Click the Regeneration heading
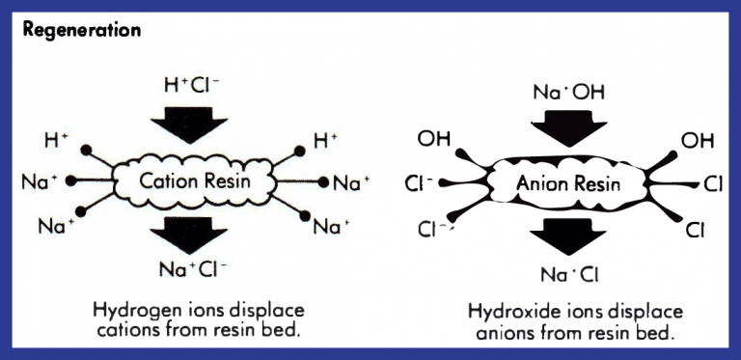pos(82,29)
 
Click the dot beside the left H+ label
pos(89,152)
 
